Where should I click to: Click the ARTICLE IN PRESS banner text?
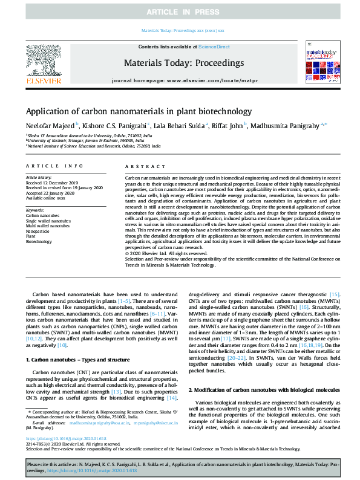180,12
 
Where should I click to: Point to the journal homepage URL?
180,80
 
